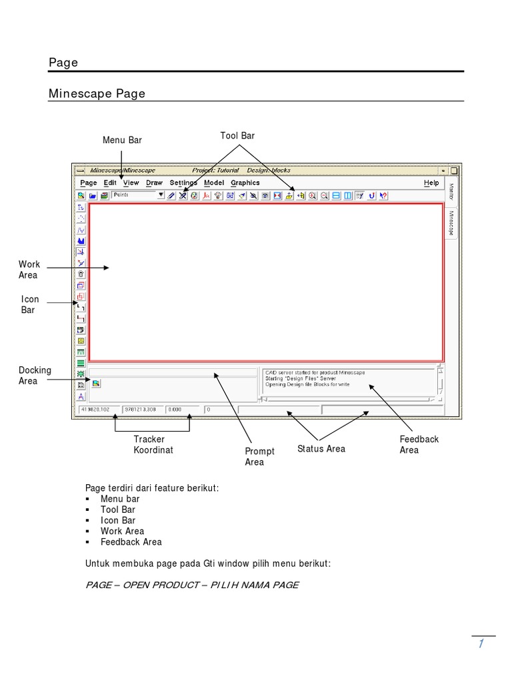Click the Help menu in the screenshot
click(431, 182)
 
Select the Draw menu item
click(154, 182)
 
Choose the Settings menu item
click(183, 182)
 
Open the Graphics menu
click(245, 182)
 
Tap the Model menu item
click(214, 182)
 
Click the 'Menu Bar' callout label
click(122, 141)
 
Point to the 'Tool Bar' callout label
click(237, 136)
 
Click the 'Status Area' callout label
click(321, 449)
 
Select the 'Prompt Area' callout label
click(259, 456)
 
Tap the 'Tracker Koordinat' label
click(153, 445)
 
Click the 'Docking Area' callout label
click(35, 376)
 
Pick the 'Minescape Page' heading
click(97, 94)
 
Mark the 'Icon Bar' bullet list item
click(118, 520)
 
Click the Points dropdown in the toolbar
click(138, 195)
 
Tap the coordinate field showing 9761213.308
click(141, 410)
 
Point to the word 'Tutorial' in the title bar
click(224, 170)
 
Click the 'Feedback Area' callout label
click(419, 445)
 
